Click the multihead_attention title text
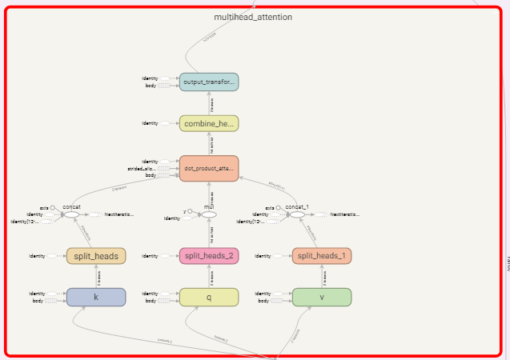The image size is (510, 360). click(253, 17)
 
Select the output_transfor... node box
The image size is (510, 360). click(209, 82)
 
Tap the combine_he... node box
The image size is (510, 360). click(209, 124)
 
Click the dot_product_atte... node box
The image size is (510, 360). click(209, 169)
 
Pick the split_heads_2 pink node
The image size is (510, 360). click(209, 256)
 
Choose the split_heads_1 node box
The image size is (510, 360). click(322, 256)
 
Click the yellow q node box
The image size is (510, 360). click(209, 297)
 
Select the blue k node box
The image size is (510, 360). click(96, 297)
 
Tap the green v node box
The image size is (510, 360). click(322, 297)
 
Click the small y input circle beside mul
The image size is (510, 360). click(191, 212)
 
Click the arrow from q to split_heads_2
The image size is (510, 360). click(209, 276)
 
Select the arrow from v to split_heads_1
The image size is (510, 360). click(322, 276)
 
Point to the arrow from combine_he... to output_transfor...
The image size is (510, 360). click(209, 103)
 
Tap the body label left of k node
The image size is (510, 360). click(38, 301)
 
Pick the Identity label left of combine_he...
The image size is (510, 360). click(150, 124)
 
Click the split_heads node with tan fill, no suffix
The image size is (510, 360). click(96, 256)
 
